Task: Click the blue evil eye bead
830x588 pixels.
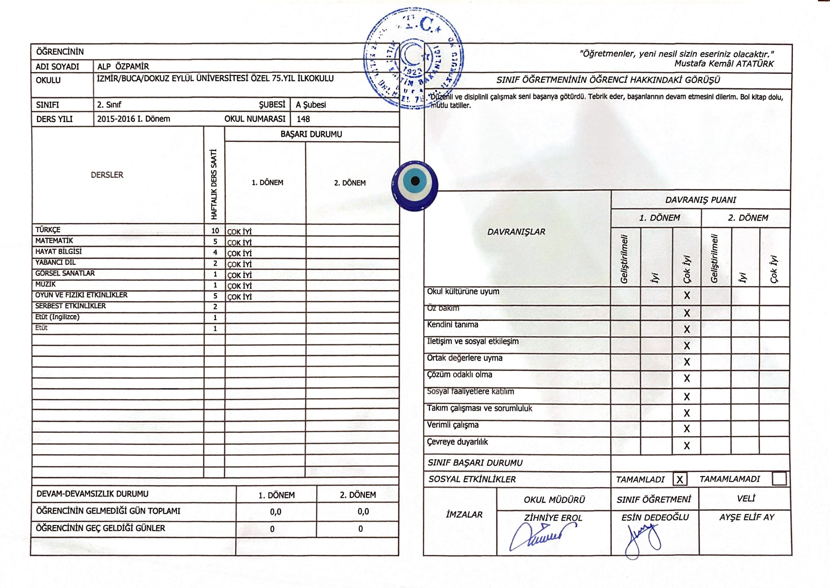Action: [414, 186]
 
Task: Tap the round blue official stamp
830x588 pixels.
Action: [414, 58]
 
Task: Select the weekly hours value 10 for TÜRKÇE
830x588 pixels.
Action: [215, 231]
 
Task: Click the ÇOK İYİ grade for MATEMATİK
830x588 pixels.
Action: [239, 242]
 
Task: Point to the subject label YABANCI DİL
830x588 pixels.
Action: [55, 262]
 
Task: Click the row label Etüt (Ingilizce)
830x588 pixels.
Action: [57, 317]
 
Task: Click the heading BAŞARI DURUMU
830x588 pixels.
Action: [311, 134]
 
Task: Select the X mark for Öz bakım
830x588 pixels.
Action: [687, 313]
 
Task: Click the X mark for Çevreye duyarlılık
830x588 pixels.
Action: [687, 446]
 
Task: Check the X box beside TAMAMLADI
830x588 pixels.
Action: [680, 479]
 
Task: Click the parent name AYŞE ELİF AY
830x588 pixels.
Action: [746, 517]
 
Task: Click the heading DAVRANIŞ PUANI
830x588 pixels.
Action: [700, 200]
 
